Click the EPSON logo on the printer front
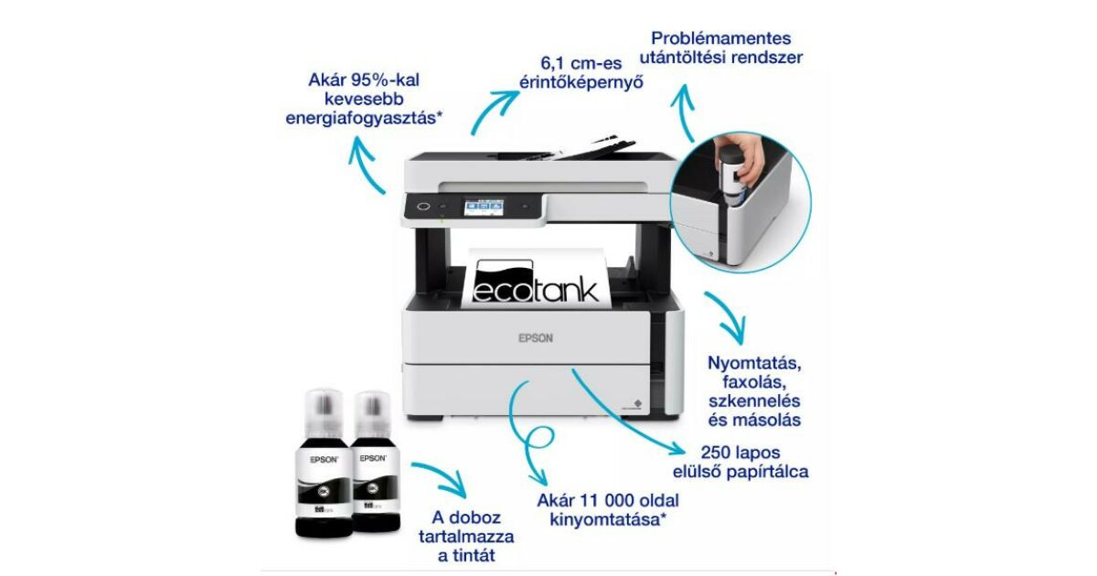pos(536,338)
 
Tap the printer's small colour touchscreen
pos(484,207)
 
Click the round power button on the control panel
pos(423,207)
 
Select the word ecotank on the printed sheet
pos(536,290)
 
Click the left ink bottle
pos(324,463)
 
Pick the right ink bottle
pos(376,461)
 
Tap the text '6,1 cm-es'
pos(580,63)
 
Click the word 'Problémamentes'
pos(721,38)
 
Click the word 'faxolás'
pos(754,381)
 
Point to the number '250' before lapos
pos(718,453)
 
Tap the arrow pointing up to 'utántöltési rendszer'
pos(684,112)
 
